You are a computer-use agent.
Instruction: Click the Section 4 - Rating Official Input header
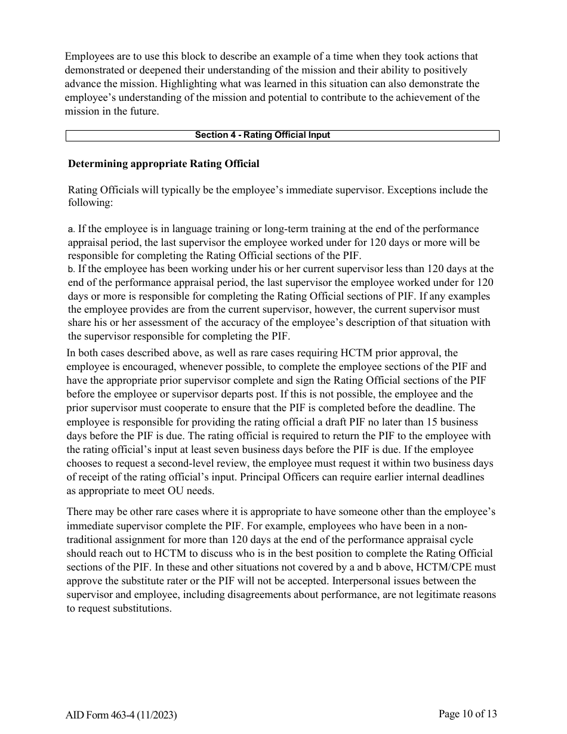click(x=262, y=135)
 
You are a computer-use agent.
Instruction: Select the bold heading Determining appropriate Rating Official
click(x=164, y=164)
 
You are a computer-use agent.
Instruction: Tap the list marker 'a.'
click(x=72, y=229)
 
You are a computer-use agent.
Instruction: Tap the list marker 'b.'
click(x=72, y=269)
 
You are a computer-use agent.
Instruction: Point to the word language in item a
click(x=180, y=229)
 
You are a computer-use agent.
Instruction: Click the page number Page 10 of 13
click(x=467, y=714)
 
